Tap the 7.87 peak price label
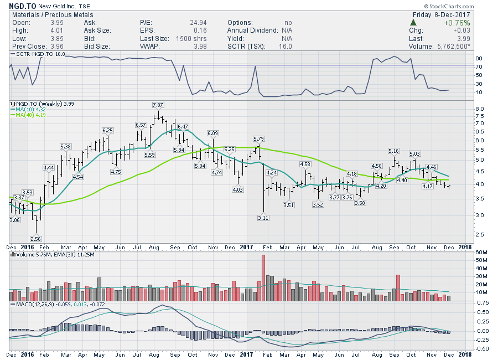tap(158, 105)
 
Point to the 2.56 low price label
tap(37, 238)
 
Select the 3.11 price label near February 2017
tap(263, 218)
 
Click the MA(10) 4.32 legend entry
tap(30, 109)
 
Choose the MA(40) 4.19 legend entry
tap(30, 115)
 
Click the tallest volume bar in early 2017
tap(263, 277)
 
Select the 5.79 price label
tap(259, 138)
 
